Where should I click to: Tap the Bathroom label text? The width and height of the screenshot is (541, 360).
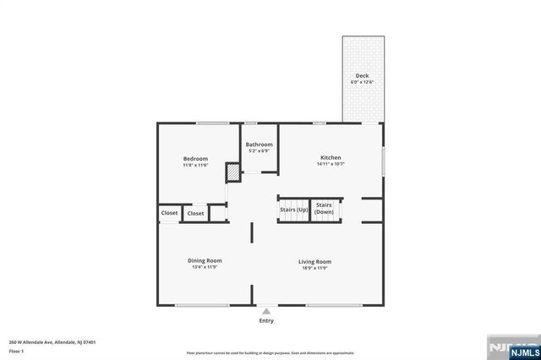click(x=260, y=145)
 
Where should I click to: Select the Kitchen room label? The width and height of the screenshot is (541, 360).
click(x=330, y=158)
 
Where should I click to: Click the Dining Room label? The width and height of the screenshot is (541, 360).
click(x=205, y=260)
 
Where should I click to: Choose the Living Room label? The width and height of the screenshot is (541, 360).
click(x=314, y=261)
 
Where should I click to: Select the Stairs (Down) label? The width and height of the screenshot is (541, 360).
click(x=324, y=208)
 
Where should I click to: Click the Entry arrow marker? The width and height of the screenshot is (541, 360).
click(x=266, y=311)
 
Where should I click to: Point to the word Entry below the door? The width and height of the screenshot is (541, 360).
click(x=266, y=321)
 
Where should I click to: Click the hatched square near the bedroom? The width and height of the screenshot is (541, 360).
click(x=232, y=172)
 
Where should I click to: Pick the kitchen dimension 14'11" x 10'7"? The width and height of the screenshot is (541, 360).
click(x=330, y=165)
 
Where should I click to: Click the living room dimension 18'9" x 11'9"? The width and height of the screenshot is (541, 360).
click(x=314, y=268)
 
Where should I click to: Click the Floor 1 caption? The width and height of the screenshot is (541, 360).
click(x=17, y=351)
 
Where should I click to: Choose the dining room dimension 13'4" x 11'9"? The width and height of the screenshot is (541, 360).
click(x=205, y=267)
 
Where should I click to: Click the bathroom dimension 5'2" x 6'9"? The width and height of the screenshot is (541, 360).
click(x=260, y=151)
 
